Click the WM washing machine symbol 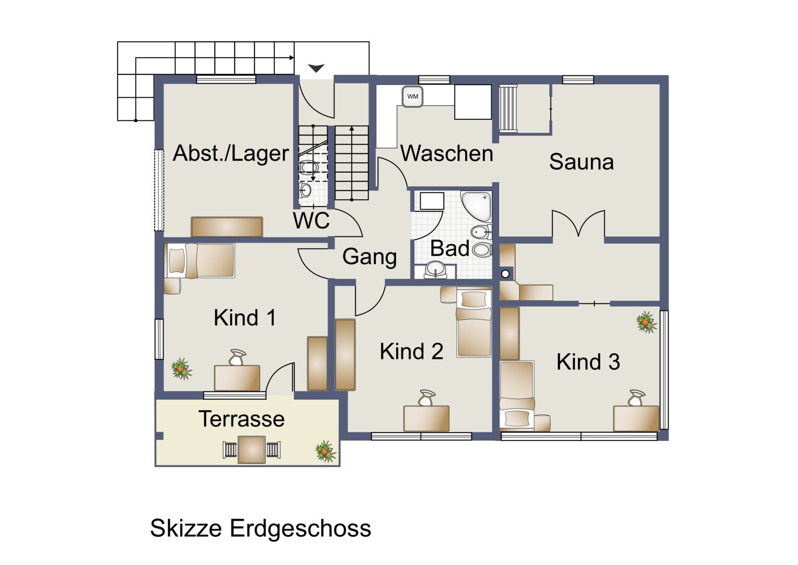point(412,97)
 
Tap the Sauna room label point(582,162)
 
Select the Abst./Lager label point(231,153)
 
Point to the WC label point(311,220)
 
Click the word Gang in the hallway point(369,257)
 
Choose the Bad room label point(449,248)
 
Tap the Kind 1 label point(245,318)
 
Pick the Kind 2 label point(411,352)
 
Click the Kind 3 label point(588,361)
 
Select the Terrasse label point(241,419)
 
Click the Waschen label point(447,153)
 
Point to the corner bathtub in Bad point(476,206)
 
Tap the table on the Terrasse point(251,450)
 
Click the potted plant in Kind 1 point(181,369)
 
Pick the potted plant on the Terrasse point(326,451)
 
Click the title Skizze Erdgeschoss point(260,528)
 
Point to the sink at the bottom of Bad point(435,269)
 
